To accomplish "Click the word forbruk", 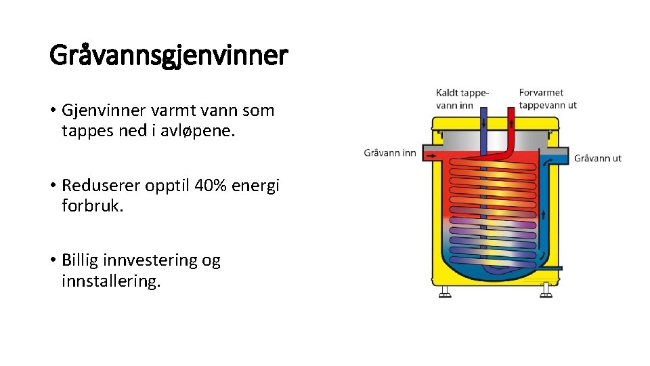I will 92,205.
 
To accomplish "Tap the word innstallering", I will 111,281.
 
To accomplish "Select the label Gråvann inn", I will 390,153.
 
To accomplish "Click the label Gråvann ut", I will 598,159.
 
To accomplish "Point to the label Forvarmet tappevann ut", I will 548,99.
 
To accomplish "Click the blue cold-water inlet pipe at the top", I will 483,122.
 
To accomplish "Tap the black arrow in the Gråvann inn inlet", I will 431,156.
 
